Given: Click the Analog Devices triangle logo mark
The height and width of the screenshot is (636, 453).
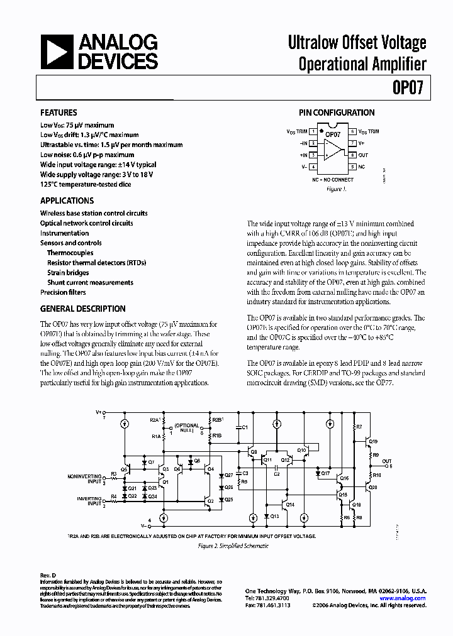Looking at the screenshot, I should (x=56, y=52).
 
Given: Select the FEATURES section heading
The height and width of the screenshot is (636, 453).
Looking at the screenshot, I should (x=59, y=113).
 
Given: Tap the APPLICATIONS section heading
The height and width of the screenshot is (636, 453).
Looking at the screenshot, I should (x=67, y=201).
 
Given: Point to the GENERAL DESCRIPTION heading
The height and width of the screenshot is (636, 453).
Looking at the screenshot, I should (x=82, y=309).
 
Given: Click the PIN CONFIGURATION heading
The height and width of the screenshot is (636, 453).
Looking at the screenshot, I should (x=336, y=113).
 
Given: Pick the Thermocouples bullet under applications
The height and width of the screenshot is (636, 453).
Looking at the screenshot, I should (x=70, y=253).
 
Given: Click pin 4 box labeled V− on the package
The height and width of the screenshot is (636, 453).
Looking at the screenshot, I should (x=313, y=167).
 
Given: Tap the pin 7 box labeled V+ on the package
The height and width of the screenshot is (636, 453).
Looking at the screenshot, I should (x=352, y=143).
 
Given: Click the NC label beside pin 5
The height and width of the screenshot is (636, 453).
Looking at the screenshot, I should (x=362, y=167).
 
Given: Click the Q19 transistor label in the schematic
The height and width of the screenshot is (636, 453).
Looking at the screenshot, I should (x=373, y=442).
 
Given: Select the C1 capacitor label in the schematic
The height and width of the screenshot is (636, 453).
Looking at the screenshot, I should (x=245, y=427).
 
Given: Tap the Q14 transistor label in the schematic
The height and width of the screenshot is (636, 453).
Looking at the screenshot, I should (x=290, y=505).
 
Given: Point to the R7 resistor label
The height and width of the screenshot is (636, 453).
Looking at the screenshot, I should (x=359, y=427).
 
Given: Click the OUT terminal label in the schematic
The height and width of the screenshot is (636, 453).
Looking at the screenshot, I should (x=387, y=461).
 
